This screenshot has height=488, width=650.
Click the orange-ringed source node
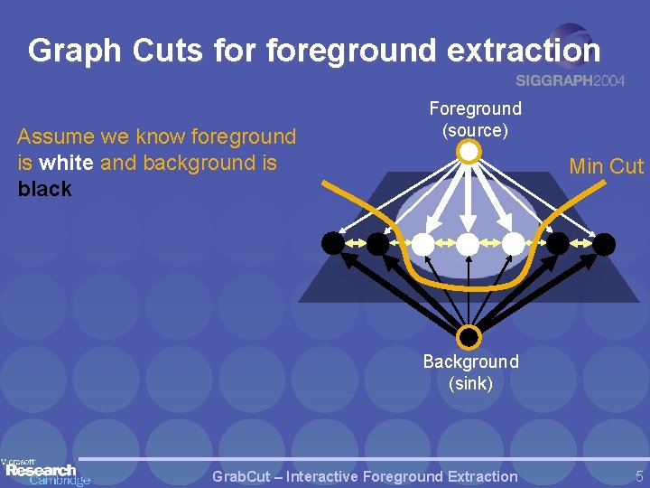(469, 152)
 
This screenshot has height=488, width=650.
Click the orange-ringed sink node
(469, 338)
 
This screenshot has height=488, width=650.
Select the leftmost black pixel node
(333, 243)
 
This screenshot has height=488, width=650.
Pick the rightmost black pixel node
(604, 243)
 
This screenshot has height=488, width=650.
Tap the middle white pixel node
(468, 243)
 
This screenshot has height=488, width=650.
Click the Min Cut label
(606, 166)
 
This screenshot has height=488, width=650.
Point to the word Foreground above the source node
(475, 108)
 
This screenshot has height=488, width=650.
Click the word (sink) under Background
(470, 383)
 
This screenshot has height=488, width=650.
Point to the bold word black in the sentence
(44, 190)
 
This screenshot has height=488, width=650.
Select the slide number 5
(638, 476)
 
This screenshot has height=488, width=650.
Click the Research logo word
(41, 470)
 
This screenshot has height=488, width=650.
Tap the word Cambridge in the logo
(60, 481)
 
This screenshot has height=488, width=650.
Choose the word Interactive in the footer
(330, 476)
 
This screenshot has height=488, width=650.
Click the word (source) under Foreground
(475, 130)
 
